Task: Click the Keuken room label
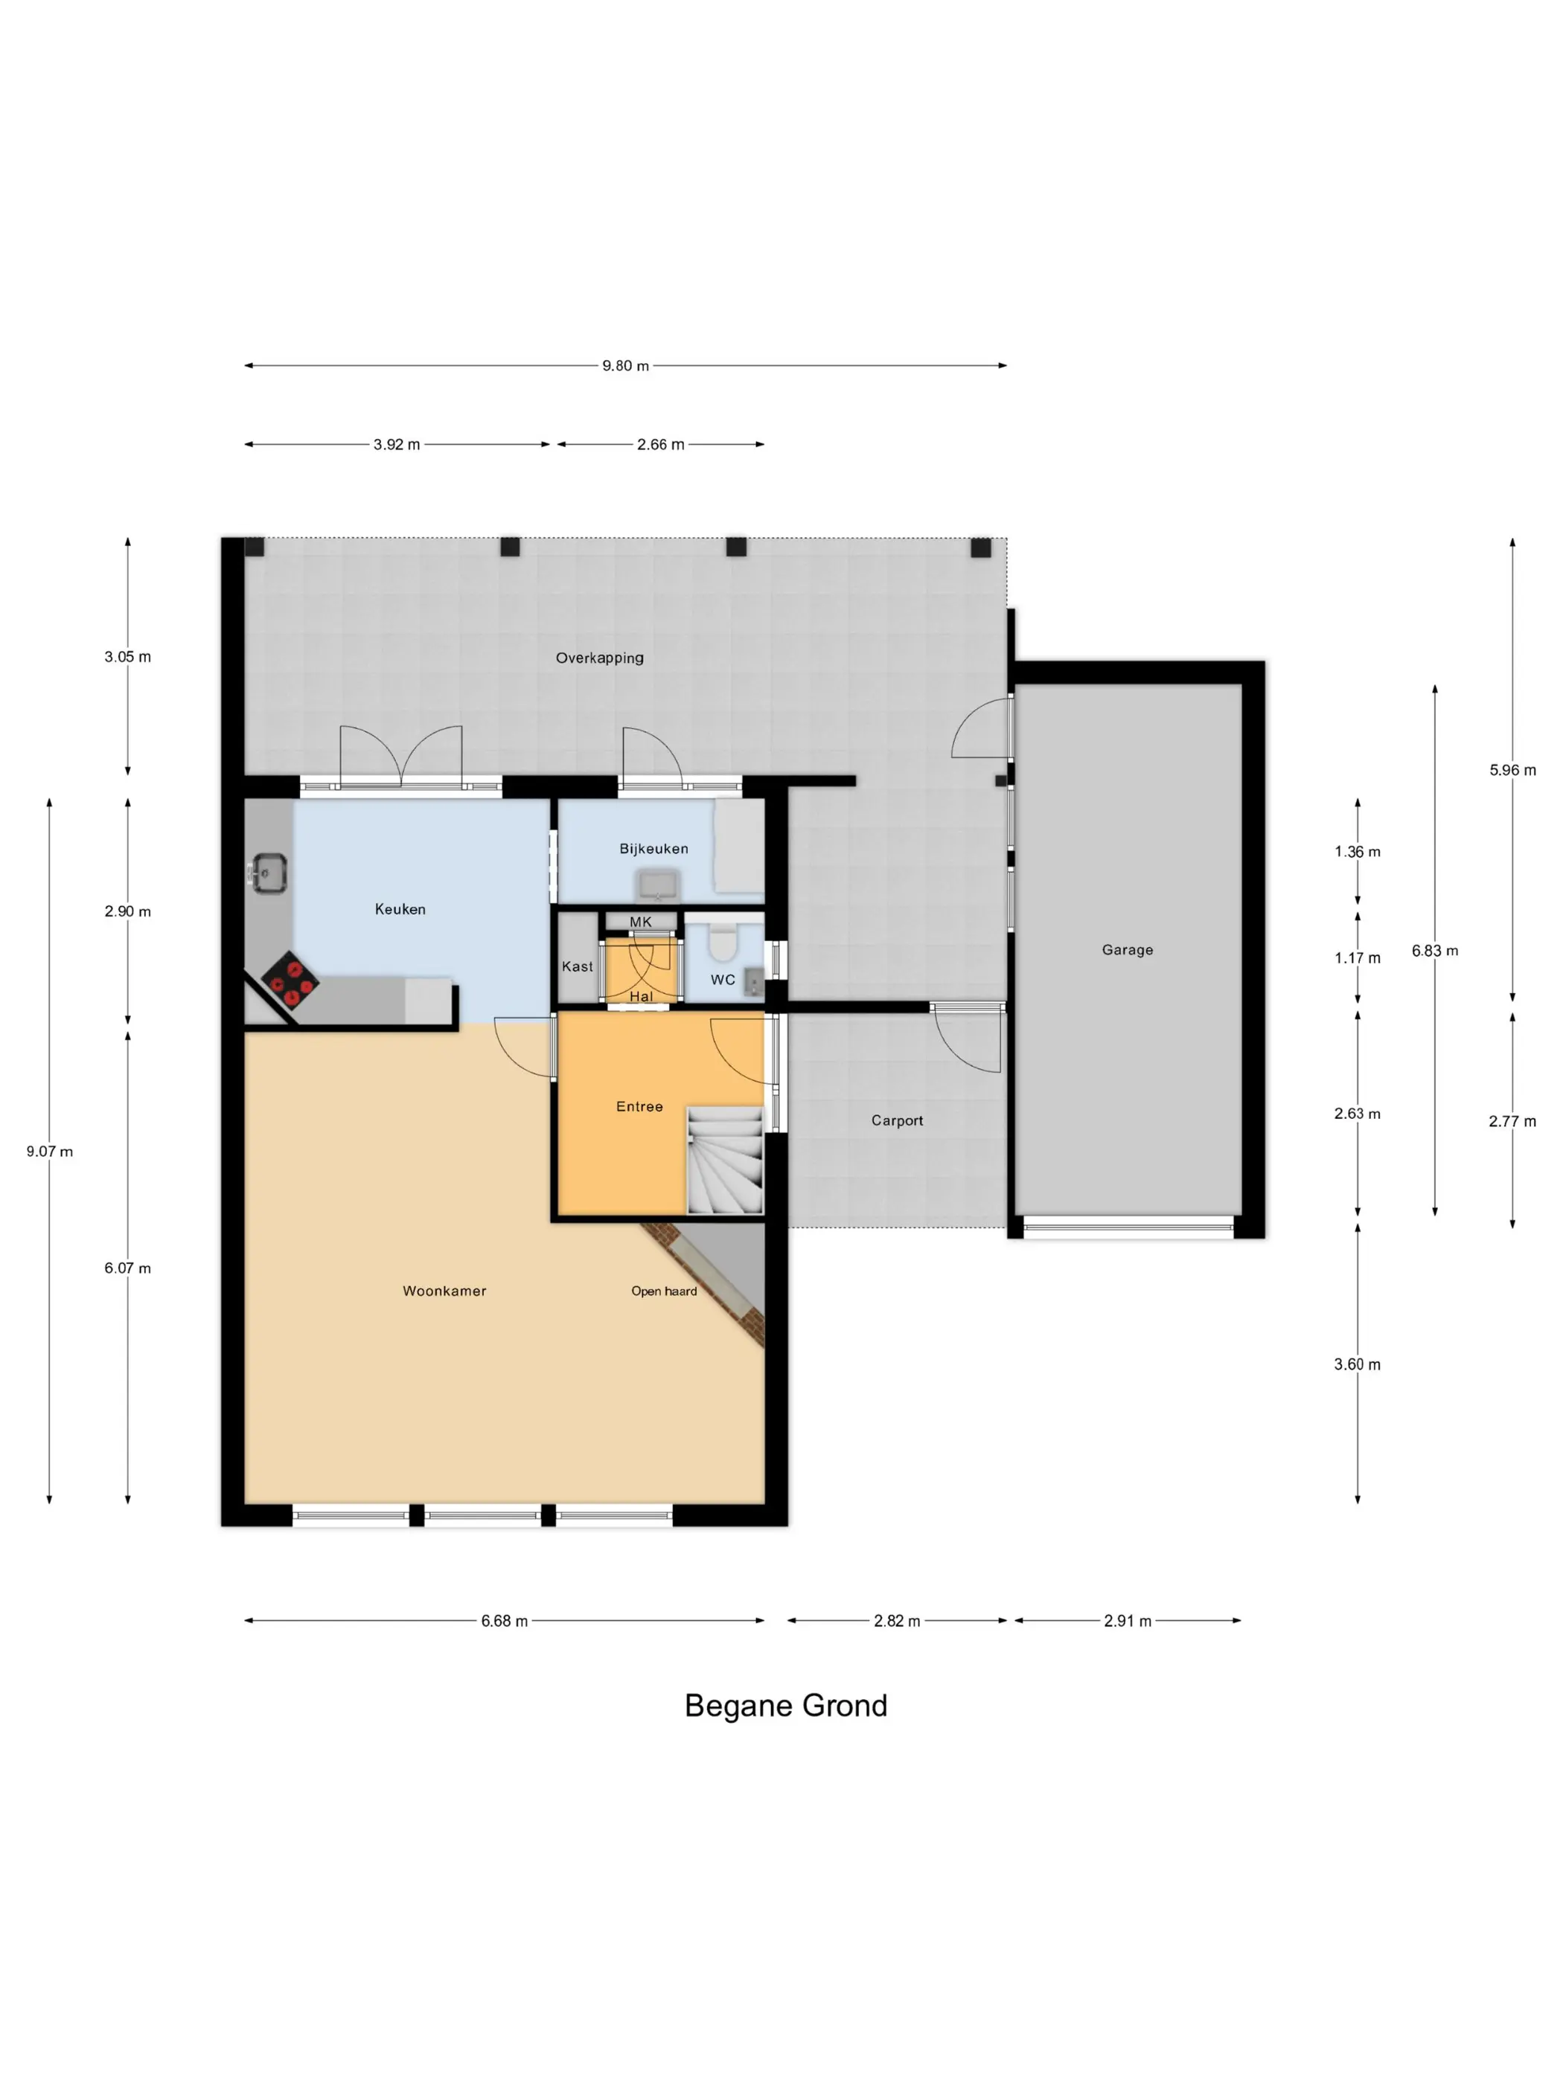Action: [400, 909]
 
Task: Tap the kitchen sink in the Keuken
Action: [269, 871]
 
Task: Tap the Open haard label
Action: [663, 1291]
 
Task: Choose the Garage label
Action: [1127, 949]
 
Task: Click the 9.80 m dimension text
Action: [626, 365]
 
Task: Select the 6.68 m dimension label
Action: [504, 1620]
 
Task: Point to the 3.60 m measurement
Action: [1357, 1364]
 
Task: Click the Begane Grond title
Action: [786, 1705]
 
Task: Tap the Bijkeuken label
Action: [653, 849]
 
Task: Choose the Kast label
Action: [577, 966]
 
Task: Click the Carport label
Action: [896, 1120]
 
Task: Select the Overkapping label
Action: [599, 658]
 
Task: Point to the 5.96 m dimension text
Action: [1512, 770]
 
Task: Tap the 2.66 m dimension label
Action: [660, 444]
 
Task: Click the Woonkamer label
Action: [444, 1291]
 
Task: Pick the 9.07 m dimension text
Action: [49, 1152]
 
